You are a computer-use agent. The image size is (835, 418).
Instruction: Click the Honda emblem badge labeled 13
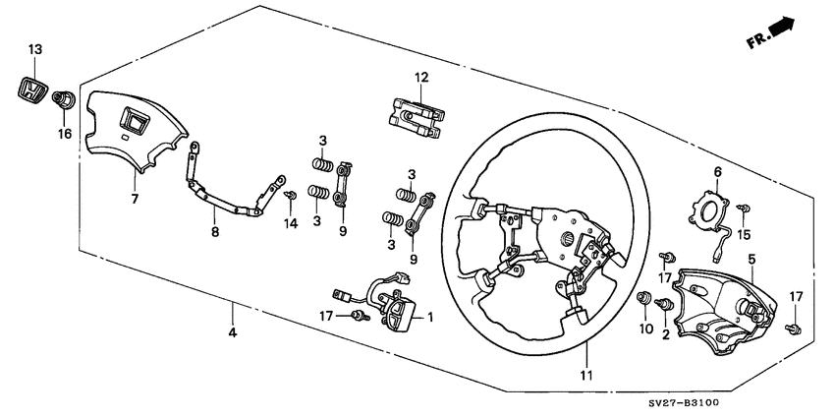[x=33, y=90]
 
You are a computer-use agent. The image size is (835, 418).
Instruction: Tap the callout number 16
[x=65, y=133]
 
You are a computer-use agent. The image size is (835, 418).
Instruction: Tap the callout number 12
[x=420, y=77]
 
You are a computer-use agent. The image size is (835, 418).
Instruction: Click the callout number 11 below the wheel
[x=585, y=375]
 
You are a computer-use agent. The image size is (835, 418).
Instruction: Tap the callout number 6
[x=718, y=171]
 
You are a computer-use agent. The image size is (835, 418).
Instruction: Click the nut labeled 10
[x=645, y=299]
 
